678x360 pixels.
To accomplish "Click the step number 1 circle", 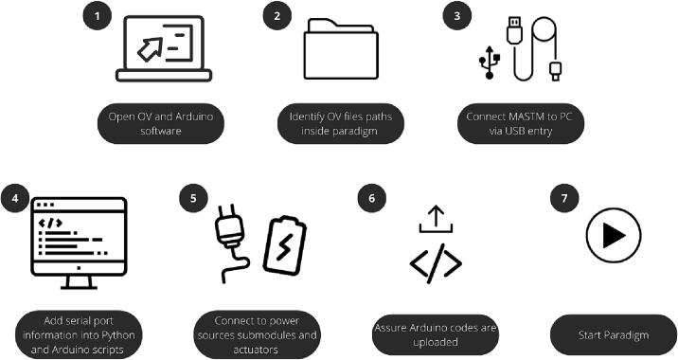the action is pos(98,16).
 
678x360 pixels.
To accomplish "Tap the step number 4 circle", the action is pos(15,198).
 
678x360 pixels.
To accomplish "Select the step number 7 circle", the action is pos(564,198).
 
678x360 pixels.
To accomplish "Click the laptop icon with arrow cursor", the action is pos(164,48).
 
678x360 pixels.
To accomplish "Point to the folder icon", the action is pos(341,49).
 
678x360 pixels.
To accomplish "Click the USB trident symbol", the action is pos(490,63).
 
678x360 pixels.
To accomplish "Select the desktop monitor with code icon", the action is pos(79,243).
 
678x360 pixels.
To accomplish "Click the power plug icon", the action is pos(230,245).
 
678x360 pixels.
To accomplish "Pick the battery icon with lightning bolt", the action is pos(284,245).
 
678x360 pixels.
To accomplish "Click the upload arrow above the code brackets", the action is pos(436,220).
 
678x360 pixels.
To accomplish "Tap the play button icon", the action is pos(614,235).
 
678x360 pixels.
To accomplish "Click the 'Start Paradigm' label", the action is pos(614,335).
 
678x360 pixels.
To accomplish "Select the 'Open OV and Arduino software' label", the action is pos(161,123).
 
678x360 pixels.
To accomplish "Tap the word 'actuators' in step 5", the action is pos(256,350).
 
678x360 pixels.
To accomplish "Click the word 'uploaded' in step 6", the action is pos(436,342).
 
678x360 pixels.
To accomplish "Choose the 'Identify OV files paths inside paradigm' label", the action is pos(341,123).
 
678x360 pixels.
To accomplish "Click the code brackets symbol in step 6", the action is pos(436,263).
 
